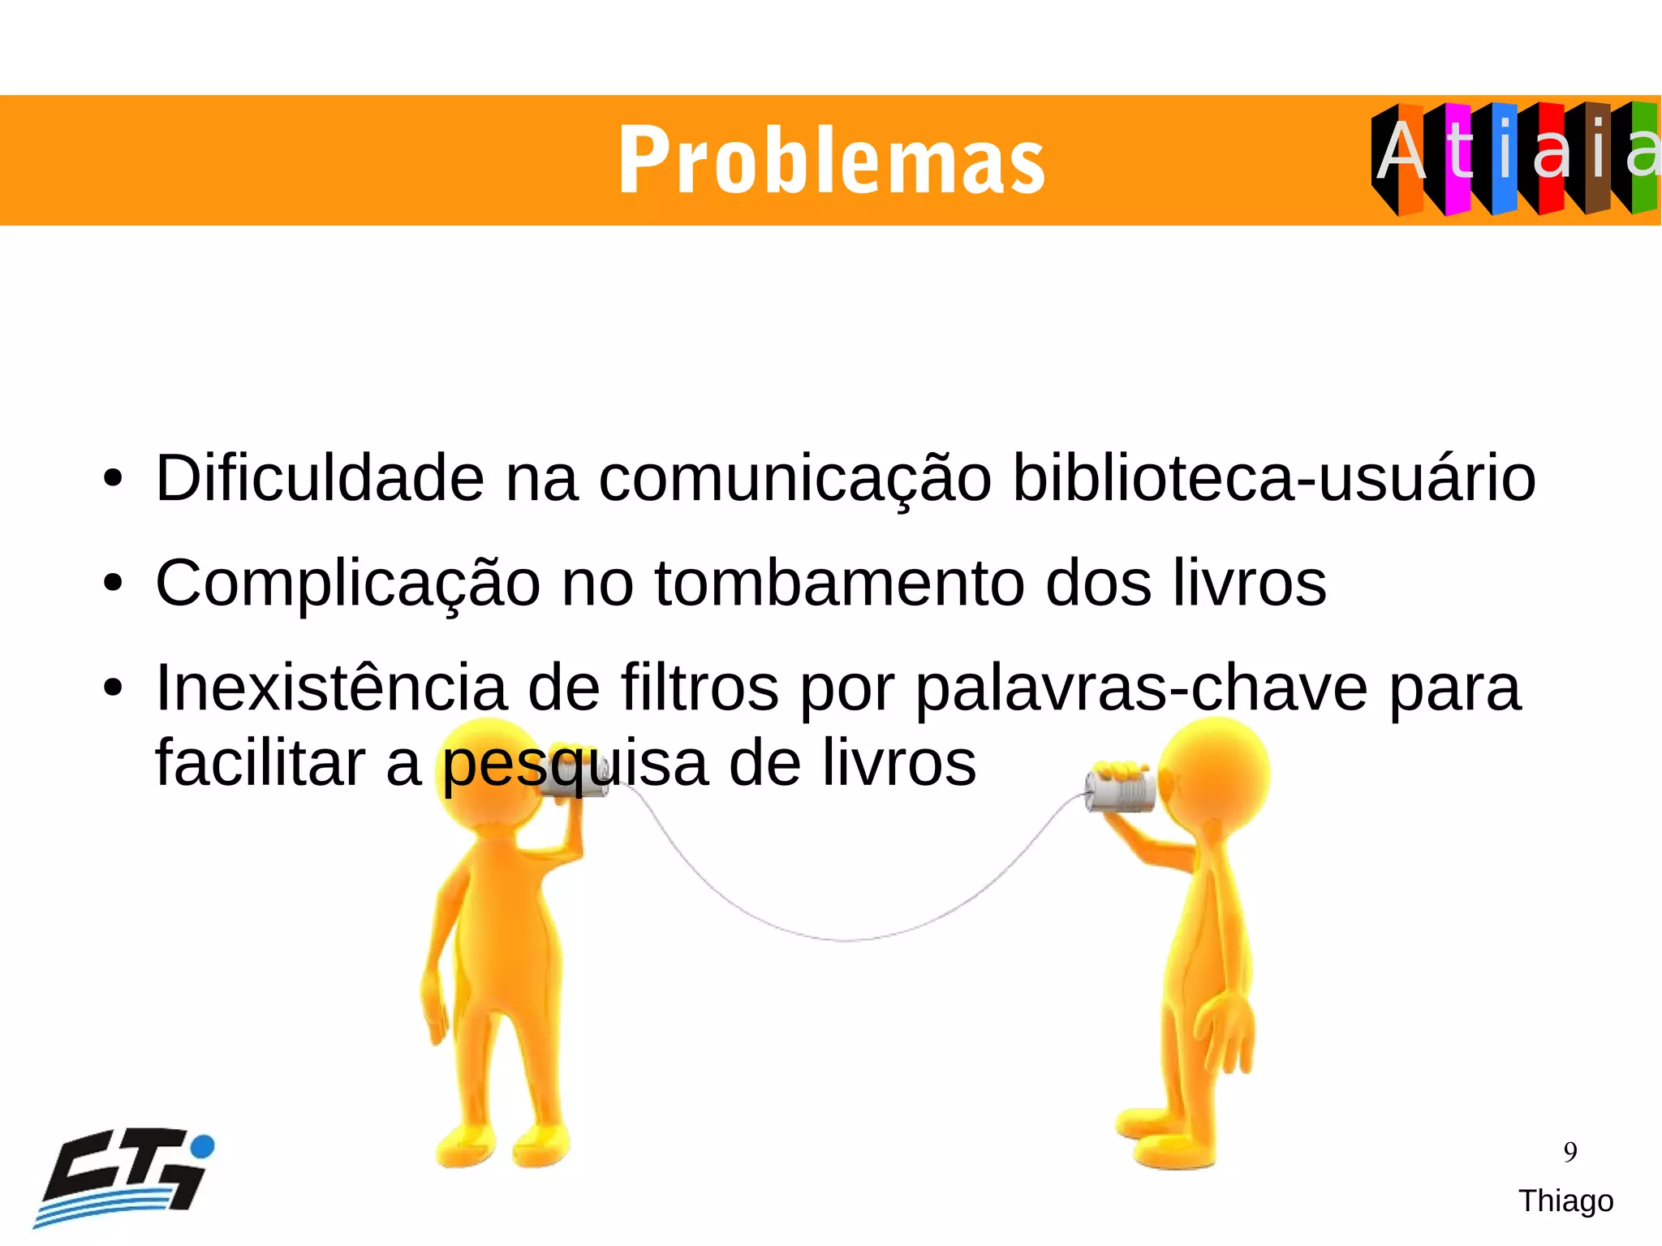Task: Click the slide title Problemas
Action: (831, 161)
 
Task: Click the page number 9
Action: (1570, 1152)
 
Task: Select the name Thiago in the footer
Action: (1565, 1201)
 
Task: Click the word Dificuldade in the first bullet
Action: (320, 478)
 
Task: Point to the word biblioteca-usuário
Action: (1274, 478)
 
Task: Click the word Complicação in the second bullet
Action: (347, 584)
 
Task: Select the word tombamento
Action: (839, 583)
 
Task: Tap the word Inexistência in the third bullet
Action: (331, 688)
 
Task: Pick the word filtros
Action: (700, 688)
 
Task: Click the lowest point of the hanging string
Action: (844, 940)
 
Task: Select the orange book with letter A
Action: (1410, 158)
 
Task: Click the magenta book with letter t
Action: (1457, 158)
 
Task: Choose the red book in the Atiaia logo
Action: (1551, 158)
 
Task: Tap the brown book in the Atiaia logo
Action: (1597, 158)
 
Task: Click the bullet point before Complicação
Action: (113, 583)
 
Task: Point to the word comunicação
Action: (794, 480)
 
